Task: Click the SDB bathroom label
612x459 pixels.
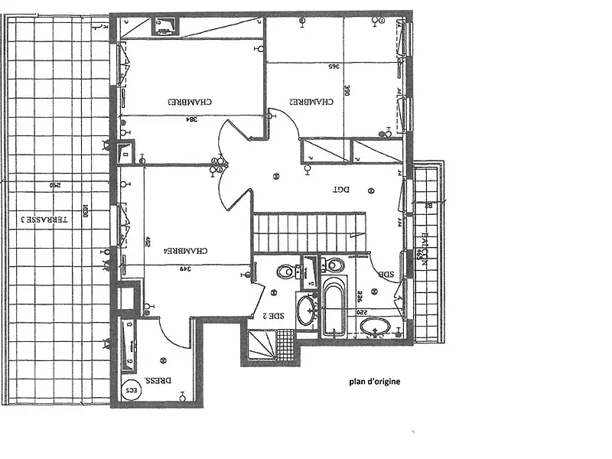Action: point(387,275)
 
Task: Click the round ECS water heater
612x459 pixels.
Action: point(135,388)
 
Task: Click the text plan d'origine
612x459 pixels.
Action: point(375,380)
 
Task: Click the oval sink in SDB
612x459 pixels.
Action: point(377,329)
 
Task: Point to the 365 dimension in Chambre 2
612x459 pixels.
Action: point(334,67)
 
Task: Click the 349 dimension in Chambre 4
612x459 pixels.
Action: point(184,269)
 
